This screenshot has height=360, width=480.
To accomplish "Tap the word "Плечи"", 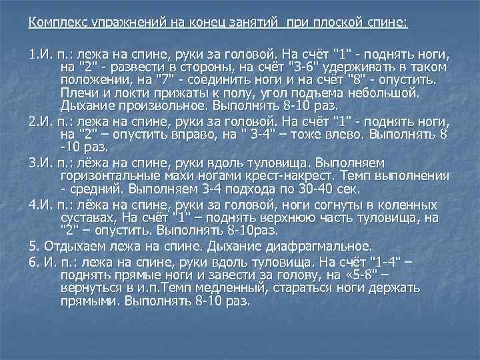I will pos(78,93).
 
